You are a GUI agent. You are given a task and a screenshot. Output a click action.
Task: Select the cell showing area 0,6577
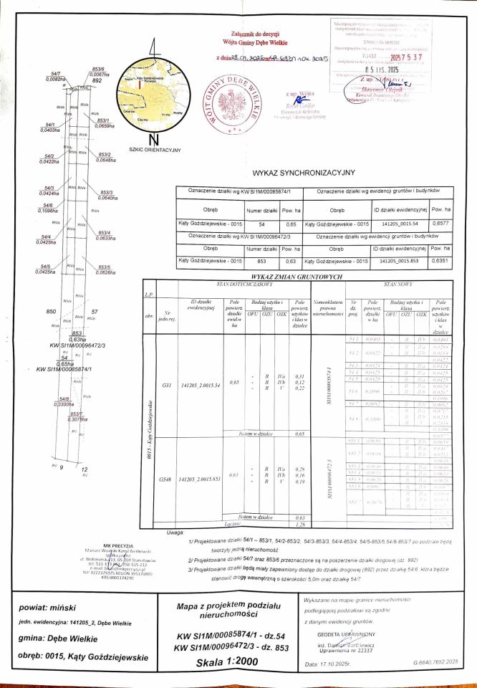point(442,224)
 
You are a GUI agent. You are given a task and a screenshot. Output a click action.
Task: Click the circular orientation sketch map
point(152,97)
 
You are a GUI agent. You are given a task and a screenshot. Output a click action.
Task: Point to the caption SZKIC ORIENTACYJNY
point(154,150)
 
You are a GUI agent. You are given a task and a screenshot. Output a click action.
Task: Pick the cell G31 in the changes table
point(166,385)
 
